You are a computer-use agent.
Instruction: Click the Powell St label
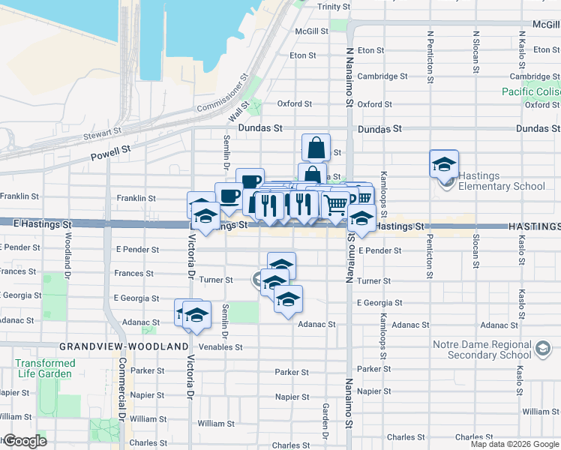(x=110, y=153)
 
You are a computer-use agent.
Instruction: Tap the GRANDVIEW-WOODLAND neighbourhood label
(x=124, y=346)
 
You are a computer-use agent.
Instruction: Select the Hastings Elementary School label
(x=502, y=186)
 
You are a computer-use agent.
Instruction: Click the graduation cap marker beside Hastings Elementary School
(x=444, y=163)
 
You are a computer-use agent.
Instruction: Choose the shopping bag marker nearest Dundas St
(x=316, y=146)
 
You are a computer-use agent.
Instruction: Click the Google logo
(x=24, y=441)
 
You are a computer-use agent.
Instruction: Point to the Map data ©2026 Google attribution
(x=514, y=444)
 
